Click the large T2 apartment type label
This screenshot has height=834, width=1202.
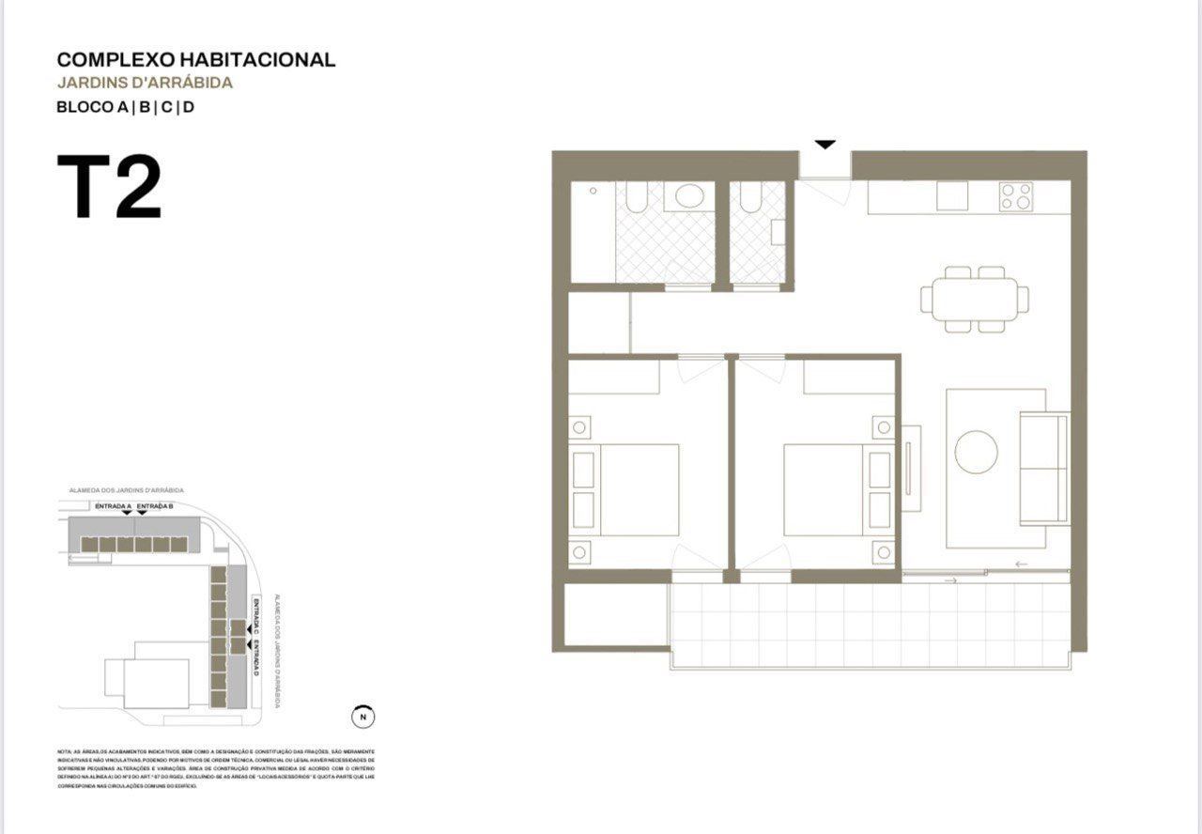click(x=109, y=189)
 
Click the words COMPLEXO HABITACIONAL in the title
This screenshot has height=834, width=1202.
click(x=195, y=60)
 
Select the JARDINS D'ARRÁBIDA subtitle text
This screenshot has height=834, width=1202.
click(x=144, y=83)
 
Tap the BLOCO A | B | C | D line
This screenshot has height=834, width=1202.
click(x=125, y=107)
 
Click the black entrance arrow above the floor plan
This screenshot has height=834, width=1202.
click(x=824, y=145)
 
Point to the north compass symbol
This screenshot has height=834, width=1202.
click(x=362, y=717)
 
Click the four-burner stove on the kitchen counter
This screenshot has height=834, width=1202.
click(x=1015, y=196)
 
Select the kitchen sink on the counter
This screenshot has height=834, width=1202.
click(x=951, y=195)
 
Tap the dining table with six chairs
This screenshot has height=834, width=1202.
click(x=975, y=300)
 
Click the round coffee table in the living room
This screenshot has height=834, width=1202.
click(x=976, y=452)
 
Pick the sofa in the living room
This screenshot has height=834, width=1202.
click(x=1044, y=468)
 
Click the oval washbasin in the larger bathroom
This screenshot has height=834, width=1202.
click(x=690, y=196)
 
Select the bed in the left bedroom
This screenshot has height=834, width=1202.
click(x=627, y=489)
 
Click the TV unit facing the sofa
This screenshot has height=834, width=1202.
click(x=911, y=468)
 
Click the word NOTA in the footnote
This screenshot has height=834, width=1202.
click(x=63, y=752)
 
